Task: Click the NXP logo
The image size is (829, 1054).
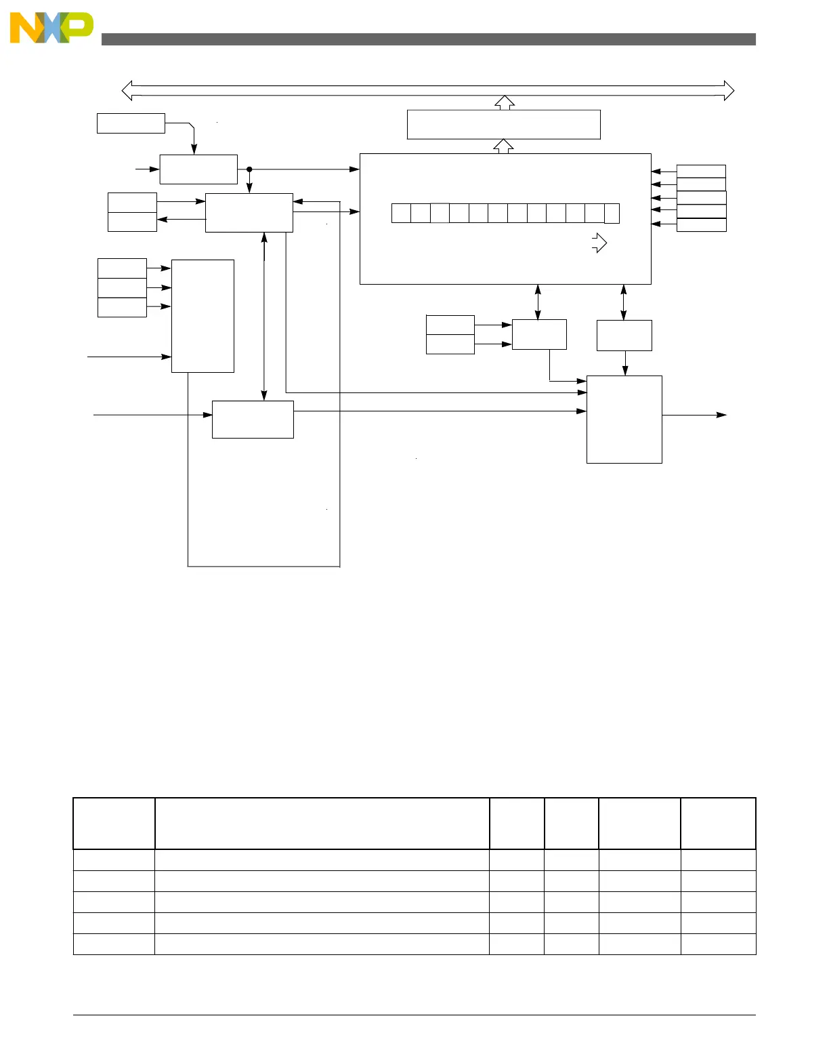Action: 51,28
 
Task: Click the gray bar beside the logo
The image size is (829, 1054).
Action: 428,39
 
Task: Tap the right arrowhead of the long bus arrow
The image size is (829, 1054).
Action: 729,90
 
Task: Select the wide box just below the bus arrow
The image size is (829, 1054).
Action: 503,125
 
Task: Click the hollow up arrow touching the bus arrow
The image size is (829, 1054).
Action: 504,102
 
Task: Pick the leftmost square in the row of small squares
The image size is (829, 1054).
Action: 401,213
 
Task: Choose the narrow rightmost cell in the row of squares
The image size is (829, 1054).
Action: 612,213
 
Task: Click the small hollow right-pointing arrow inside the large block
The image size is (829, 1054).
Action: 599,243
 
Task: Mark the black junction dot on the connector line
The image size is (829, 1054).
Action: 249,169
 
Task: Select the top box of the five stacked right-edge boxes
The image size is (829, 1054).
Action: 701,171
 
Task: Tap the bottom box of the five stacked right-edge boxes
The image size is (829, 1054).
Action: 701,225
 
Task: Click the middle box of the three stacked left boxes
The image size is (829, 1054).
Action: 122,288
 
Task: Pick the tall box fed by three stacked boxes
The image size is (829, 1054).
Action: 203,316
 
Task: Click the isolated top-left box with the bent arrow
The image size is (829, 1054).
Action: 131,123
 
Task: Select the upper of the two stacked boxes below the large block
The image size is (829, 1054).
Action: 450,325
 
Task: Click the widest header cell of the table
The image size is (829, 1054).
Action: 322,824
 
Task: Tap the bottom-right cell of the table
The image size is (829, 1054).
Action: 718,944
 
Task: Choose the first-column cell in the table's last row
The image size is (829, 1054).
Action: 114,944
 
